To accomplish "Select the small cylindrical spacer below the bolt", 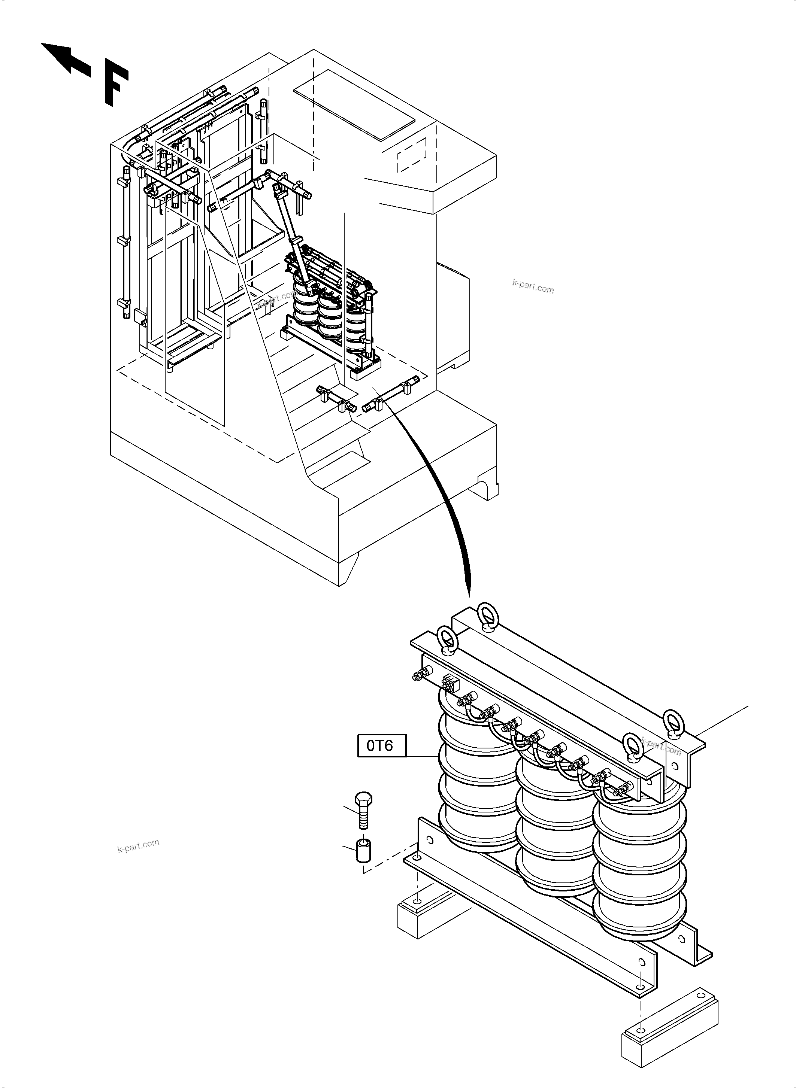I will click(363, 851).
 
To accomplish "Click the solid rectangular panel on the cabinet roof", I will click(354, 104).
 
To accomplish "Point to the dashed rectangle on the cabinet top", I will click(412, 155).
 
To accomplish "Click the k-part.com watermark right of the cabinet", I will click(533, 288).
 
